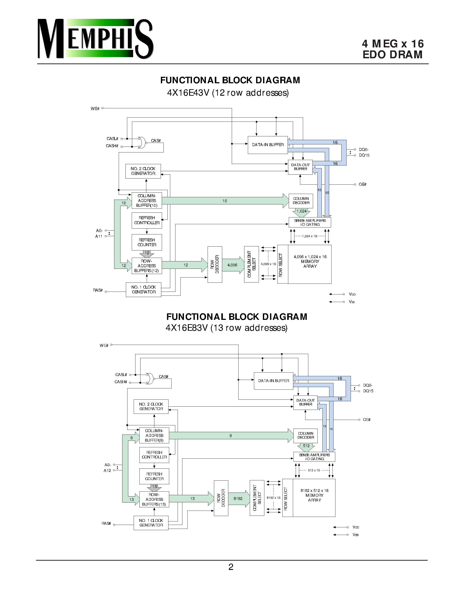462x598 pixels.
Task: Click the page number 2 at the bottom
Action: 231,567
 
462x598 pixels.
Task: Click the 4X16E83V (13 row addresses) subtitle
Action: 226,328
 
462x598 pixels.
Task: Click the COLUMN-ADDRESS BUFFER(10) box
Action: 147,201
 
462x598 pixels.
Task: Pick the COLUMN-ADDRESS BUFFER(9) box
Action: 154,435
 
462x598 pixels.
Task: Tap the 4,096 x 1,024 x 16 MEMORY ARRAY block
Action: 310,264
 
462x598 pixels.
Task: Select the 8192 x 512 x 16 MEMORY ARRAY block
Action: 314,498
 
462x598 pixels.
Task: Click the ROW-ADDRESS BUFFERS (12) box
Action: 147,266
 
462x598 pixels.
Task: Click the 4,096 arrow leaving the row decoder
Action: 233,265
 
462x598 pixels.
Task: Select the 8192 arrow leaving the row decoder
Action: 238,499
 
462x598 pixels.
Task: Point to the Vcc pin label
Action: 355,527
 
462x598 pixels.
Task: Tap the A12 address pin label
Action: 107,470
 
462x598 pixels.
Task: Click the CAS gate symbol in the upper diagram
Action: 142,142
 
